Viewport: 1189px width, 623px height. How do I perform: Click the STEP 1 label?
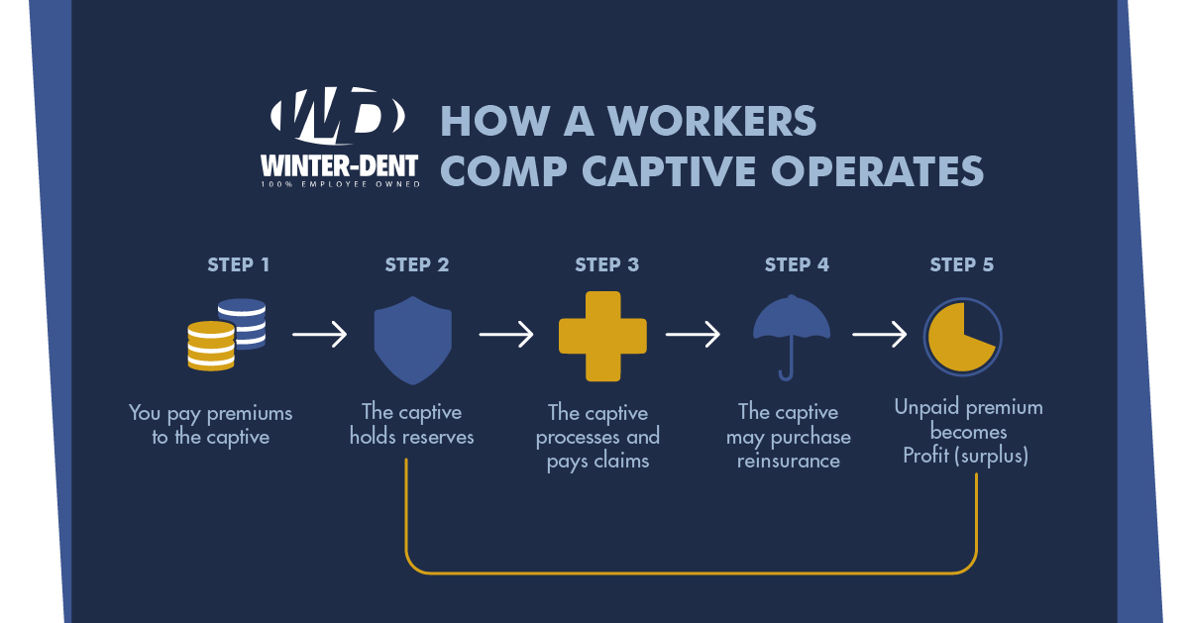pos(238,264)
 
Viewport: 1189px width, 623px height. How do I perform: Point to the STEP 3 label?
pos(606,264)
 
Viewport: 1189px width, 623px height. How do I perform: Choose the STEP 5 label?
pos(961,264)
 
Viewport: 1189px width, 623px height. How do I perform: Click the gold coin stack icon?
pos(211,346)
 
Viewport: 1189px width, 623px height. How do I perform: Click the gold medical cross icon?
pos(602,336)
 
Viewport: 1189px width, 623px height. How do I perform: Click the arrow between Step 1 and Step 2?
pos(320,335)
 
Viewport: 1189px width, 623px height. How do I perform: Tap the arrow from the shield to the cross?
pos(506,335)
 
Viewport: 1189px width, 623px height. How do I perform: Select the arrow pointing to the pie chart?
pos(880,335)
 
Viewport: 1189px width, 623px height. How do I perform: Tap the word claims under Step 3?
pos(623,462)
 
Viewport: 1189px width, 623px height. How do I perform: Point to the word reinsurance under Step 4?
pos(789,461)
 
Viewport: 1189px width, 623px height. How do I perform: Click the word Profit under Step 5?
pos(927,457)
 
